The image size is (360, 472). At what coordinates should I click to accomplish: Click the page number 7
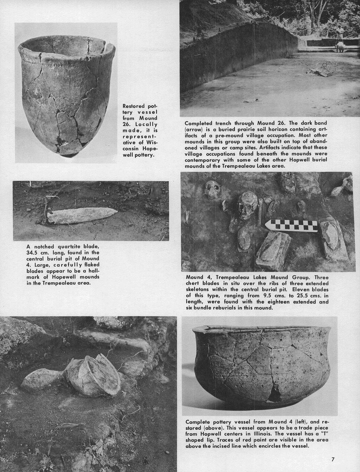point(333,459)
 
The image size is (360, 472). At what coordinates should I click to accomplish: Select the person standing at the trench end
point(339,38)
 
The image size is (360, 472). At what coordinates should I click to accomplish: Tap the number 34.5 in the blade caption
point(34,252)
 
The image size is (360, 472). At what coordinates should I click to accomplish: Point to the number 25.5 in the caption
point(292,296)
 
